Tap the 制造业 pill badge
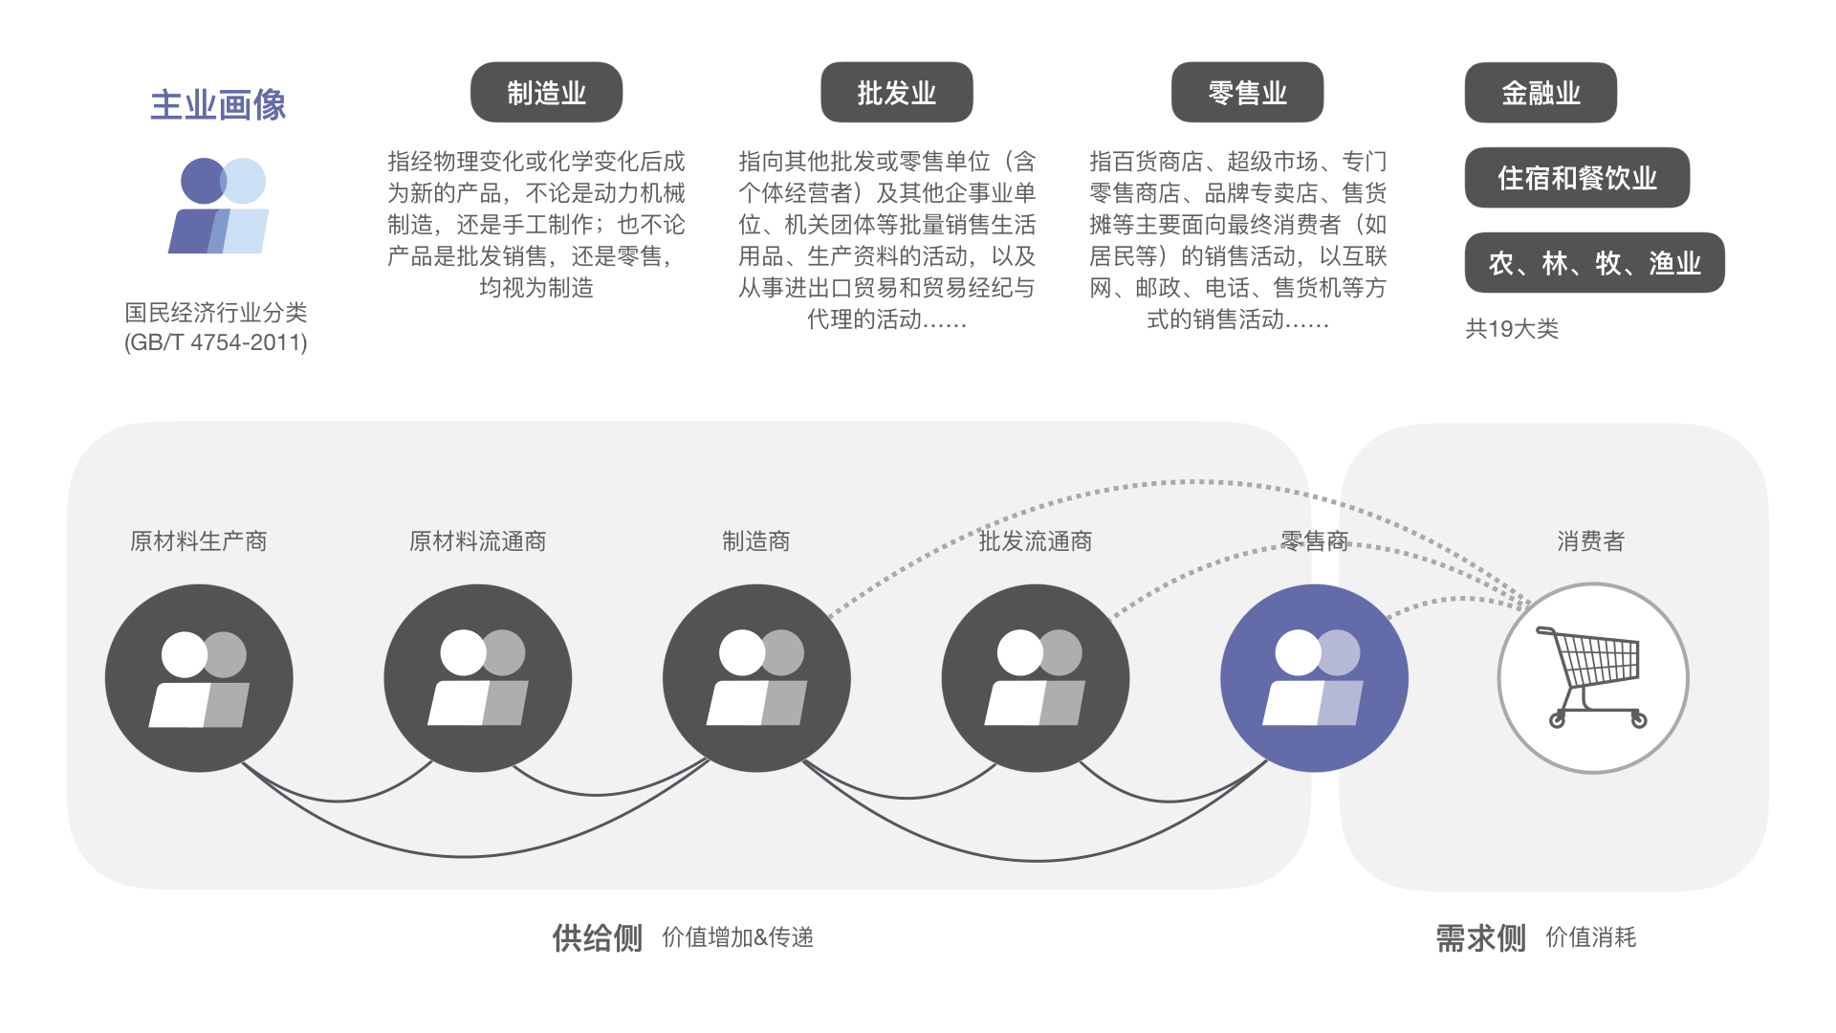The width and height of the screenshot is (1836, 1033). pyautogui.click(x=546, y=93)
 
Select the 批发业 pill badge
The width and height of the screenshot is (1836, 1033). pyautogui.click(x=896, y=93)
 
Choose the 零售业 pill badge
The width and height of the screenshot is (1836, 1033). pyautogui.click(x=1247, y=93)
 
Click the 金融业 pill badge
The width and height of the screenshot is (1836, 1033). pyautogui.click(x=1541, y=93)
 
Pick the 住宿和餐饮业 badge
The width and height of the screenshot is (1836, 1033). pyautogui.click(x=1577, y=178)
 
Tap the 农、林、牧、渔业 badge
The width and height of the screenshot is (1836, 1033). pyautogui.click(x=1594, y=263)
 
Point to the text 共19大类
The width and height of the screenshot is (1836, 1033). pyautogui.click(x=1512, y=329)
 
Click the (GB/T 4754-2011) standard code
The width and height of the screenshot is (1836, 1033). pyautogui.click(x=216, y=342)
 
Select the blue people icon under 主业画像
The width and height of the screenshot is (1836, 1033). pyautogui.click(x=220, y=206)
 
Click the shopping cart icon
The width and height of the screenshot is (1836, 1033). pyautogui.click(x=1592, y=677)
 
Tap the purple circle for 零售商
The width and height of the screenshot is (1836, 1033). pyautogui.click(x=1314, y=677)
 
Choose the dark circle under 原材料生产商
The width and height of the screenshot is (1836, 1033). pyautogui.click(x=199, y=677)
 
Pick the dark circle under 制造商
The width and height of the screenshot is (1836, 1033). pyautogui.click(x=756, y=677)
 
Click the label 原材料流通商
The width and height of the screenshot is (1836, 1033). pyautogui.click(x=477, y=541)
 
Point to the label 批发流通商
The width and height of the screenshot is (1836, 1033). pyautogui.click(x=1035, y=541)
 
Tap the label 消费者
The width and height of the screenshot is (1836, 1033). pyautogui.click(x=1590, y=541)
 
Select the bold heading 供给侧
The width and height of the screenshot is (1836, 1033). pyautogui.click(x=597, y=938)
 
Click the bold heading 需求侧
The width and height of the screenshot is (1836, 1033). pyautogui.click(x=1480, y=938)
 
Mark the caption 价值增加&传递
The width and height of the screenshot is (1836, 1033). pyautogui.click(x=737, y=937)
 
